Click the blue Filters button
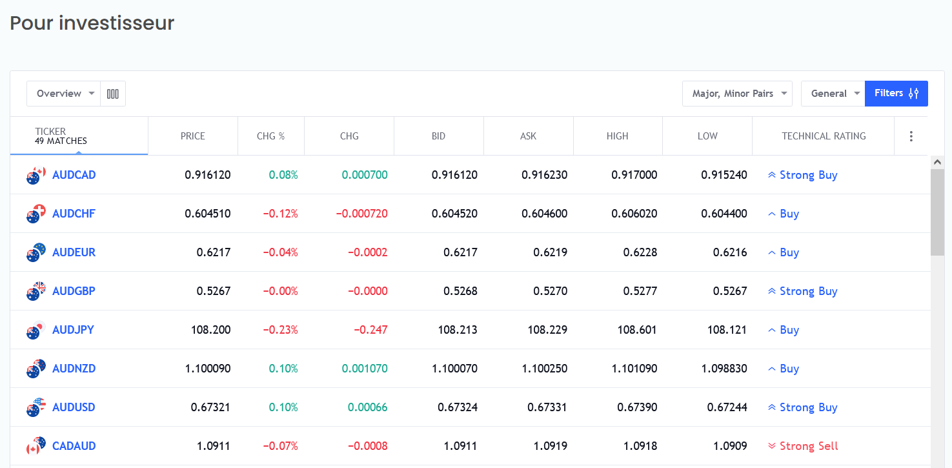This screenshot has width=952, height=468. click(896, 94)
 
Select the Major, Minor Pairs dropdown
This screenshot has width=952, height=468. click(736, 94)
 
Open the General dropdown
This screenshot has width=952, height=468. click(832, 94)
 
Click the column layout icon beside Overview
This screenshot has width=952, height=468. click(113, 94)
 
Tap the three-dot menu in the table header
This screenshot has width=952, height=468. click(911, 136)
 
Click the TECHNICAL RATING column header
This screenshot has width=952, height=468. click(823, 136)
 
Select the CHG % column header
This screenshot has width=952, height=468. click(270, 136)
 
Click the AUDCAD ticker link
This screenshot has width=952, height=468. click(74, 175)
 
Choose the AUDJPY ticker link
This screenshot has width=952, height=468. click(73, 330)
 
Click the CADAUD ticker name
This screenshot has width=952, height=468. click(74, 446)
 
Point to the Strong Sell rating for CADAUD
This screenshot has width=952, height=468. click(808, 446)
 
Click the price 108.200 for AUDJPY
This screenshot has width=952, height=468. click(210, 330)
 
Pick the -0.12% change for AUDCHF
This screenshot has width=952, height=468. click(280, 214)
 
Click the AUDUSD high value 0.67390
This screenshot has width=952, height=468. click(637, 407)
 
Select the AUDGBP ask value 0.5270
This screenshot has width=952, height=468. click(550, 291)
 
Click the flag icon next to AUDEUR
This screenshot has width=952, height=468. click(36, 252)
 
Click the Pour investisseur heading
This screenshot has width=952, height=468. click(92, 23)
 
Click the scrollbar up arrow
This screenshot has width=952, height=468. click(937, 163)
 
